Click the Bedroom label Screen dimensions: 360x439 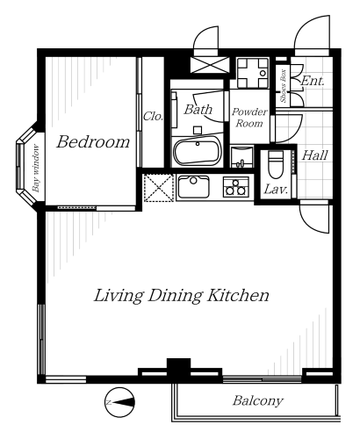pos(93,142)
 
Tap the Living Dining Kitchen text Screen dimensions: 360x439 pos(181,296)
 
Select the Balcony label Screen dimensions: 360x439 pos(258,400)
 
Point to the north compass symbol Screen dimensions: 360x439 pos(120,402)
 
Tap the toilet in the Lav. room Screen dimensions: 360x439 pos(276,165)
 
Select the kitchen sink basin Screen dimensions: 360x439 pos(193,186)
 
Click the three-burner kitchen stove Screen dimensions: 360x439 pos(235,187)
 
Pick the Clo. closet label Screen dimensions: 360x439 pos(153,117)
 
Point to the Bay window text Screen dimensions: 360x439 pos(36,168)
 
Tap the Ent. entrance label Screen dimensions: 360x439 pos(313,81)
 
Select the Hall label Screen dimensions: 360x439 pos(314,155)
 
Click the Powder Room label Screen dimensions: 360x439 pos(249,118)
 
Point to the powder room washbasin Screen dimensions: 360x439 pos(241,157)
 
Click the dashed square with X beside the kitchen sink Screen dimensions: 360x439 pos(159,188)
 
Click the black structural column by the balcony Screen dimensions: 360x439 pos(178,370)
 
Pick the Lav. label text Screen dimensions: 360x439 pos(276,190)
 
